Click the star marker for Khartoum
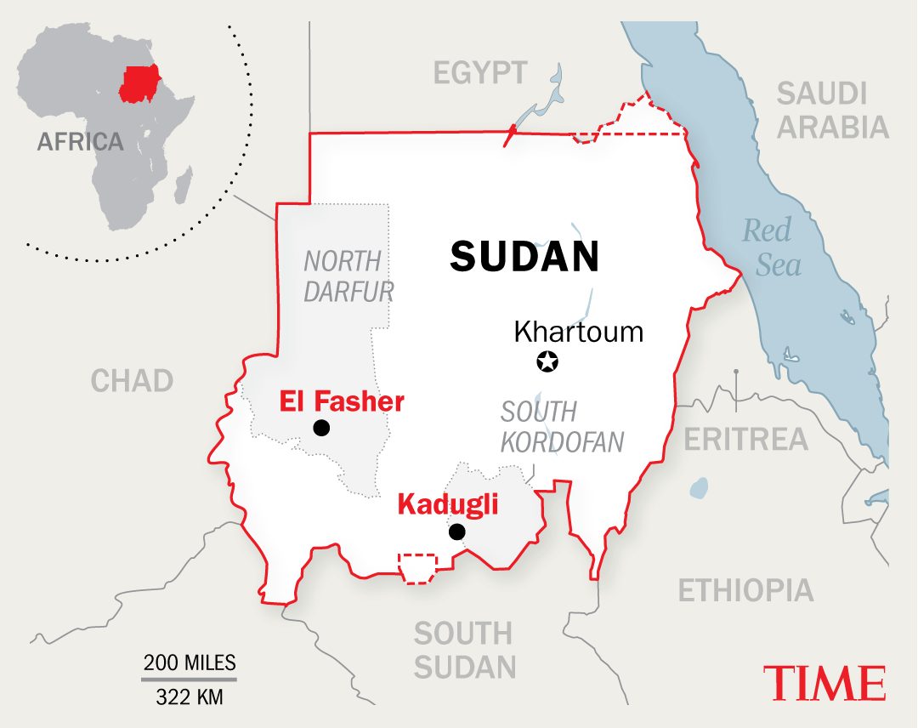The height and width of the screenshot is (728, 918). coord(548,361)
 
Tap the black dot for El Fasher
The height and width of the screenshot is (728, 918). coord(320,428)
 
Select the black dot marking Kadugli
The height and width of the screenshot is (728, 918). coord(457,532)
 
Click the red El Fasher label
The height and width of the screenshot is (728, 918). coord(342,401)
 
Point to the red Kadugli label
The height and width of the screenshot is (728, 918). coord(447,505)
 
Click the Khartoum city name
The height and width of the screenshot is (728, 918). coord(579,331)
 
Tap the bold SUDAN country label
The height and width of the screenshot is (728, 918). coord(524,256)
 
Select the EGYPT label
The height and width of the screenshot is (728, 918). coord(480,73)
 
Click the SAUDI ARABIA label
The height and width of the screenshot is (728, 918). coord(832,111)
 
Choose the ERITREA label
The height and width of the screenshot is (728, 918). coord(745,439)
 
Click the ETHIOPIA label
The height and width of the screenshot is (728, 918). coord(745,590)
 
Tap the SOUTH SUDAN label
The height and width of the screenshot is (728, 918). coord(464,650)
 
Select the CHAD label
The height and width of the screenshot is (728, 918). coord(132,380)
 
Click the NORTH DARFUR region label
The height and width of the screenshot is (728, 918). coord(348,276)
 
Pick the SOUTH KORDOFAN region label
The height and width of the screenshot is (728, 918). coord(561,427)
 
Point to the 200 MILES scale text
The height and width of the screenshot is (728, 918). coord(190,663)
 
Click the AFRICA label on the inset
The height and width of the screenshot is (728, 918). coord(80,141)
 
